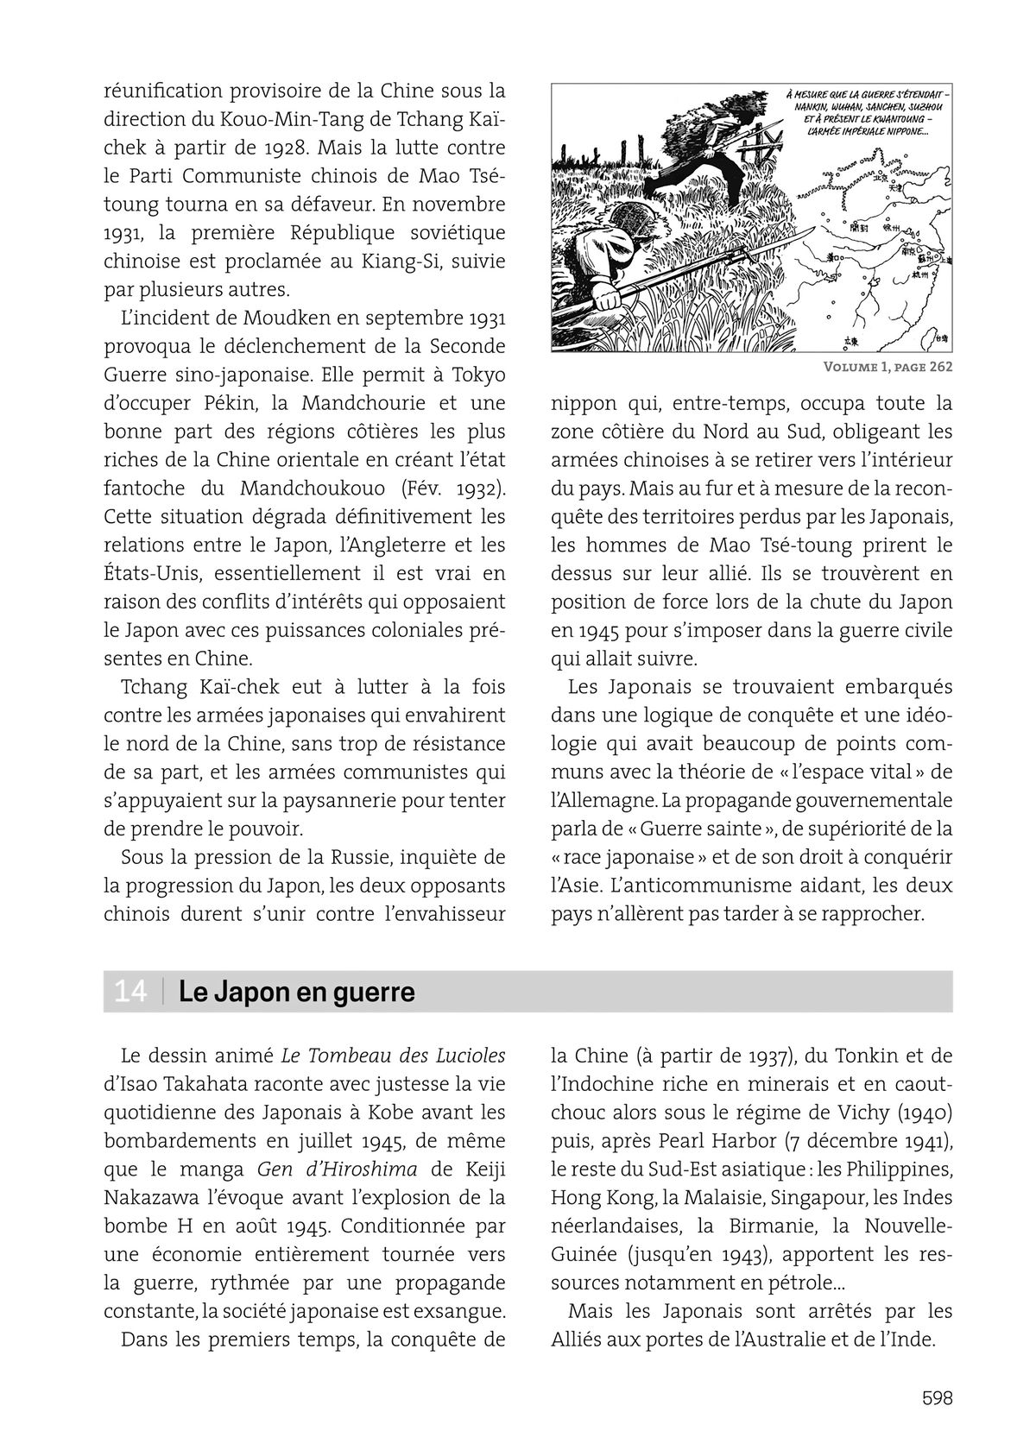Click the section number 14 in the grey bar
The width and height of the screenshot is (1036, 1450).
pos(129,992)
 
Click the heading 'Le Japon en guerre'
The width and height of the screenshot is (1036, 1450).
pos(296,992)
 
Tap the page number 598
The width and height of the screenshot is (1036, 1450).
pos(937,1397)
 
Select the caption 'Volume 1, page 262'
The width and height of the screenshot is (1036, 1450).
pos(888,366)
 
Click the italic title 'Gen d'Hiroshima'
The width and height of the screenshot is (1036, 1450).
pos(337,1169)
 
